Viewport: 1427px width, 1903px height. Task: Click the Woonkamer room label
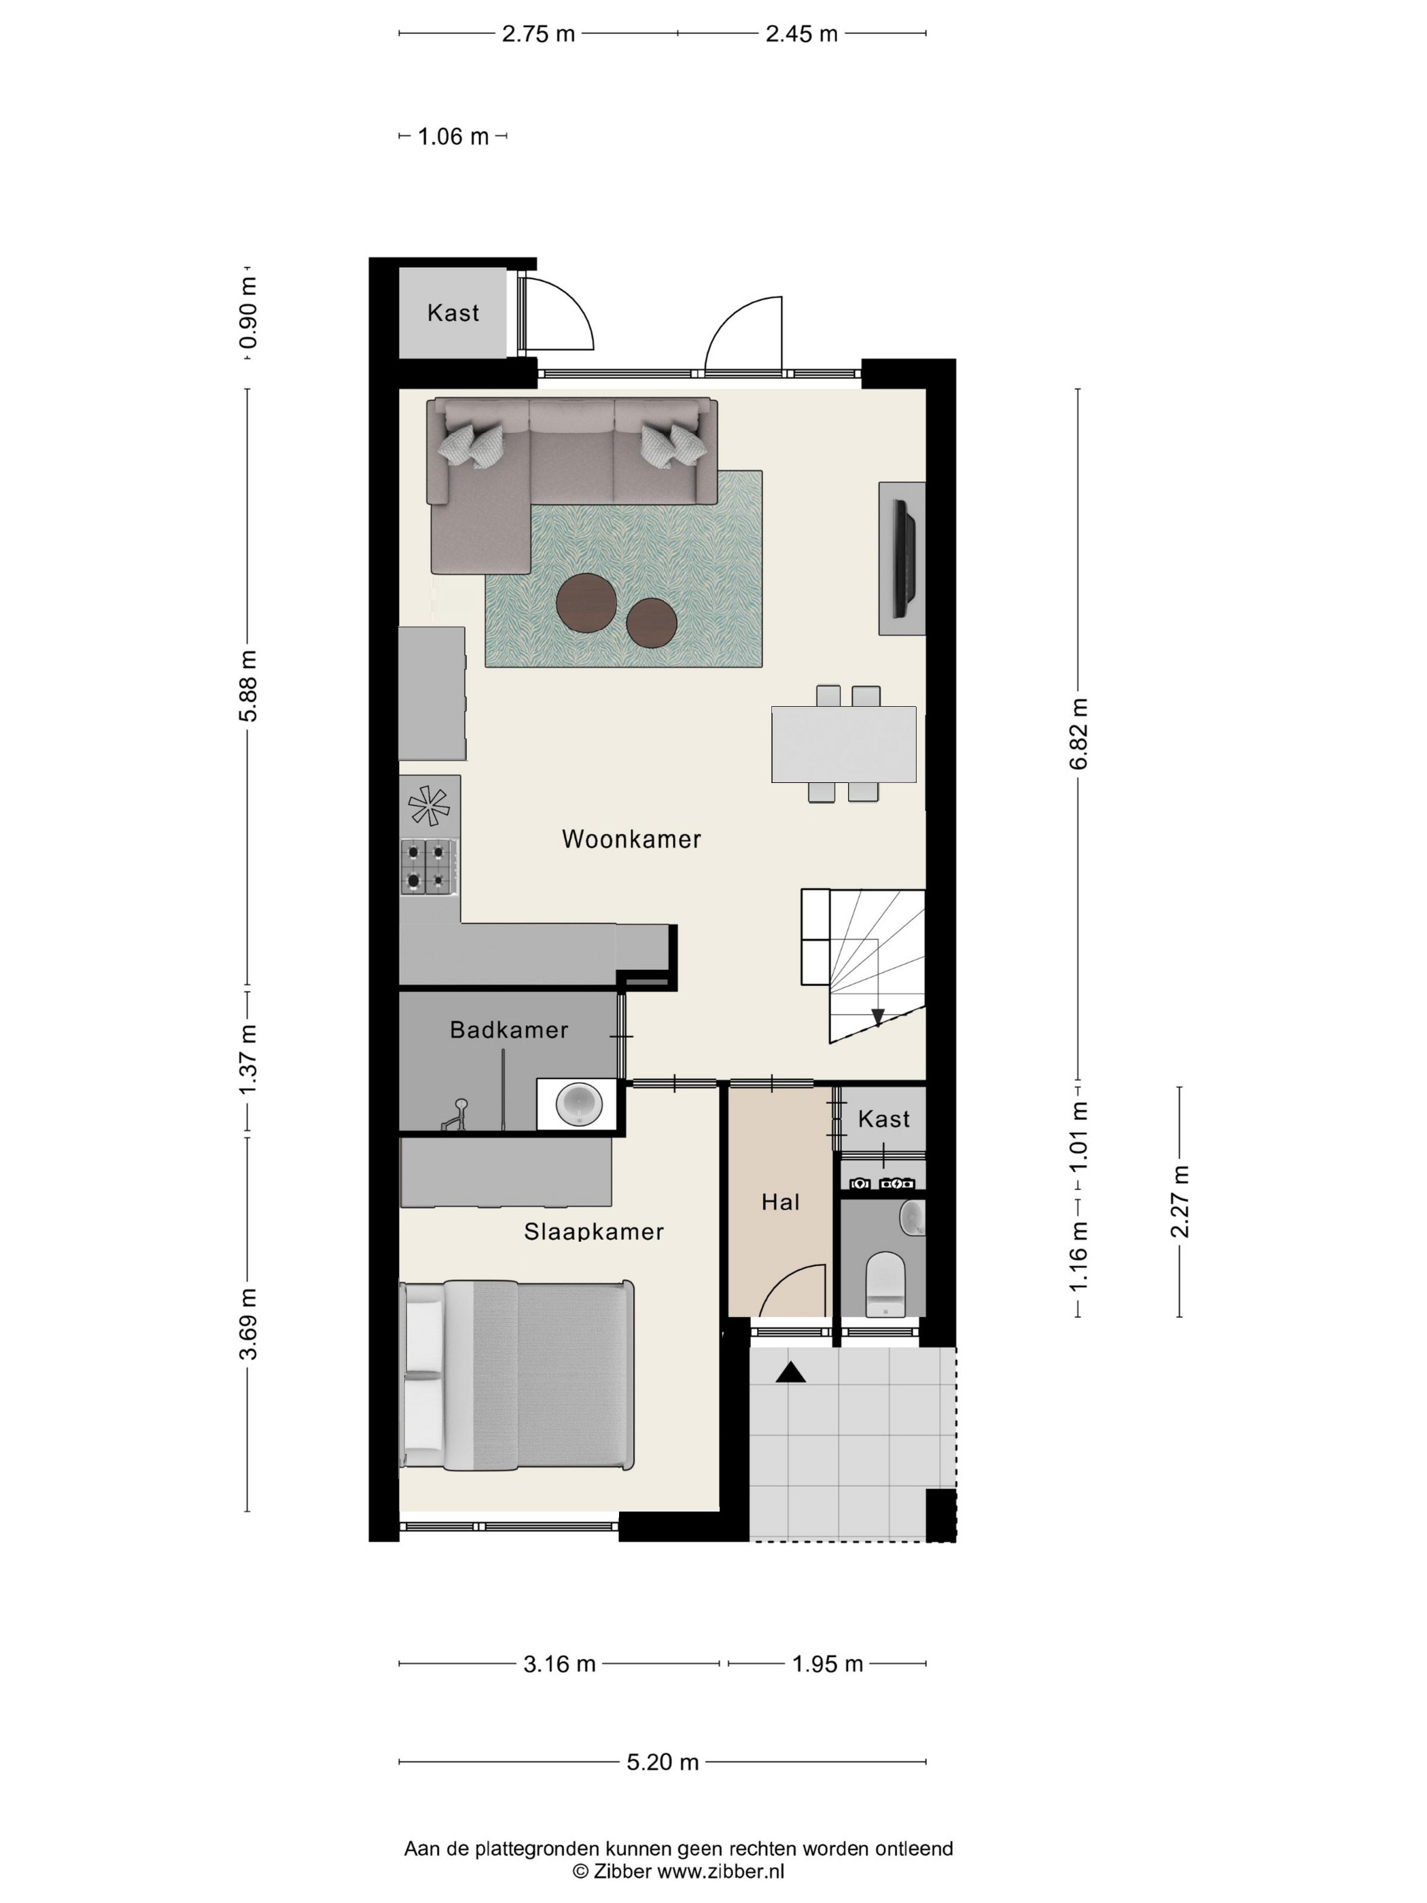pyautogui.click(x=631, y=839)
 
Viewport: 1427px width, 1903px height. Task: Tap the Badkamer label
pyautogui.click(x=509, y=1030)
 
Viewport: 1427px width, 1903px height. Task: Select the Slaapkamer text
pyautogui.click(x=593, y=1232)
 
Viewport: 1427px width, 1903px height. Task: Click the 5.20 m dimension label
pyautogui.click(x=663, y=1763)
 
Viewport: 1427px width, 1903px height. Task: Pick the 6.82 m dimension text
pyautogui.click(x=1080, y=734)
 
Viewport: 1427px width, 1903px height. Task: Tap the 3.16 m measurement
pyautogui.click(x=559, y=1664)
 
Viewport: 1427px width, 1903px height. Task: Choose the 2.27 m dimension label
pyautogui.click(x=1180, y=1201)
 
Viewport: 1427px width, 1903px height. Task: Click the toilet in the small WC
pyautogui.click(x=885, y=1285)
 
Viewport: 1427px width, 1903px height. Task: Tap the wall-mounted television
pyautogui.click(x=903, y=557)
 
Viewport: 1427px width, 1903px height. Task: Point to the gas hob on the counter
pyautogui.click(x=428, y=867)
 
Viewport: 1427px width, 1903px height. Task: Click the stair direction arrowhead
pyautogui.click(x=877, y=1017)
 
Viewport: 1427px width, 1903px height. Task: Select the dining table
pyautogui.click(x=843, y=744)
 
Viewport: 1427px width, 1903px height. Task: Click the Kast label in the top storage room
pyautogui.click(x=453, y=313)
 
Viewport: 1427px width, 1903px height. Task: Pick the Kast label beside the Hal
pyautogui.click(x=883, y=1119)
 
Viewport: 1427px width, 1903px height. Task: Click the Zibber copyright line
pyautogui.click(x=679, y=1870)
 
